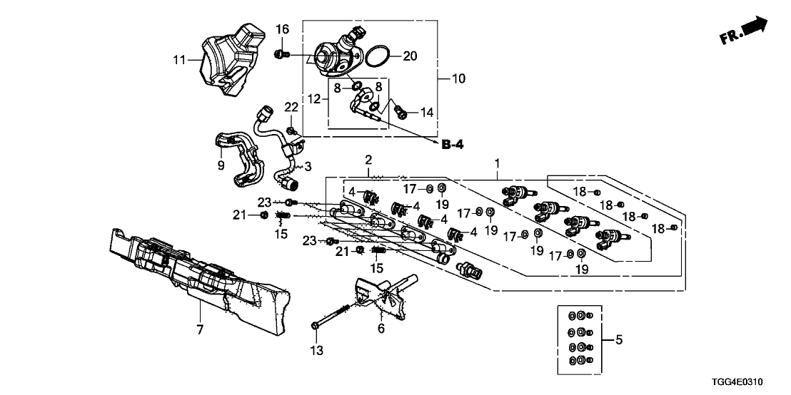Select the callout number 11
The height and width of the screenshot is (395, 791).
click(178, 61)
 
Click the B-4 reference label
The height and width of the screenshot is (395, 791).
click(452, 145)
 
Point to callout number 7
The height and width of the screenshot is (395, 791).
click(200, 329)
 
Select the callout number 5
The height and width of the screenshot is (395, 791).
click(618, 341)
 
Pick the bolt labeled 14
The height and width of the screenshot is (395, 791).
click(402, 111)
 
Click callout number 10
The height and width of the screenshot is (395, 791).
click(458, 78)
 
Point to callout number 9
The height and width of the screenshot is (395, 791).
click(221, 165)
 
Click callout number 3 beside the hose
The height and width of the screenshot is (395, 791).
click(308, 167)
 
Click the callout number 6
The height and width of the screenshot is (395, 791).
click(381, 329)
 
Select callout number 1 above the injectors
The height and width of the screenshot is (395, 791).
click(497, 164)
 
